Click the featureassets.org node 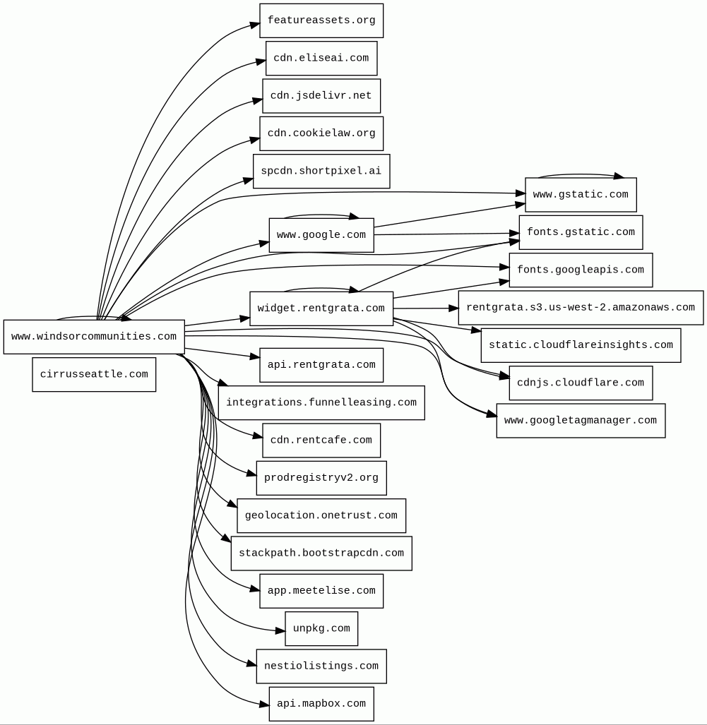321,20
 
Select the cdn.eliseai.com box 321,58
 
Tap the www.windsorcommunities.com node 94,337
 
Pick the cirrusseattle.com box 94,374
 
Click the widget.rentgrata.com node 321,308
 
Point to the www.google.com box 321,235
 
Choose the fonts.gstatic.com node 581,232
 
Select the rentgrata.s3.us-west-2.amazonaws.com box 581,308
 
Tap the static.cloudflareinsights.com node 581,345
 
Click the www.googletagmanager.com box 581,421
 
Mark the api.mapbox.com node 321,704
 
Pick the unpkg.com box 321,628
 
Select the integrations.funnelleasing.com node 321,402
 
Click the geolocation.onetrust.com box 321,515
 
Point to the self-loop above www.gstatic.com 581,174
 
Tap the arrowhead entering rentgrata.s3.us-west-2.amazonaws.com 454,308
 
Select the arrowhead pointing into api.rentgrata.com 255,357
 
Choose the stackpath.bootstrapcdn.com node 321,553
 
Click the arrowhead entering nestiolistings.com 251,664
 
